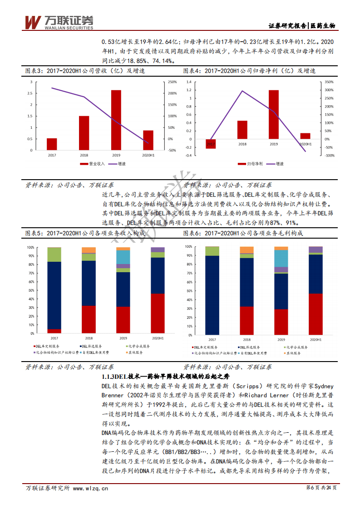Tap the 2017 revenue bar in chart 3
coord(52,144)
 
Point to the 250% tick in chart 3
coord(173,82)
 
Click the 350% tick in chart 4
coord(330,82)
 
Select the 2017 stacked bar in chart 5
coord(54,290)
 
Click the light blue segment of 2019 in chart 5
coord(123,257)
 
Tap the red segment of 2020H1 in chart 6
coord(316,313)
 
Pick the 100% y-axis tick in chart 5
coord(31,248)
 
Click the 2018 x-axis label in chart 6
coord(247,339)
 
